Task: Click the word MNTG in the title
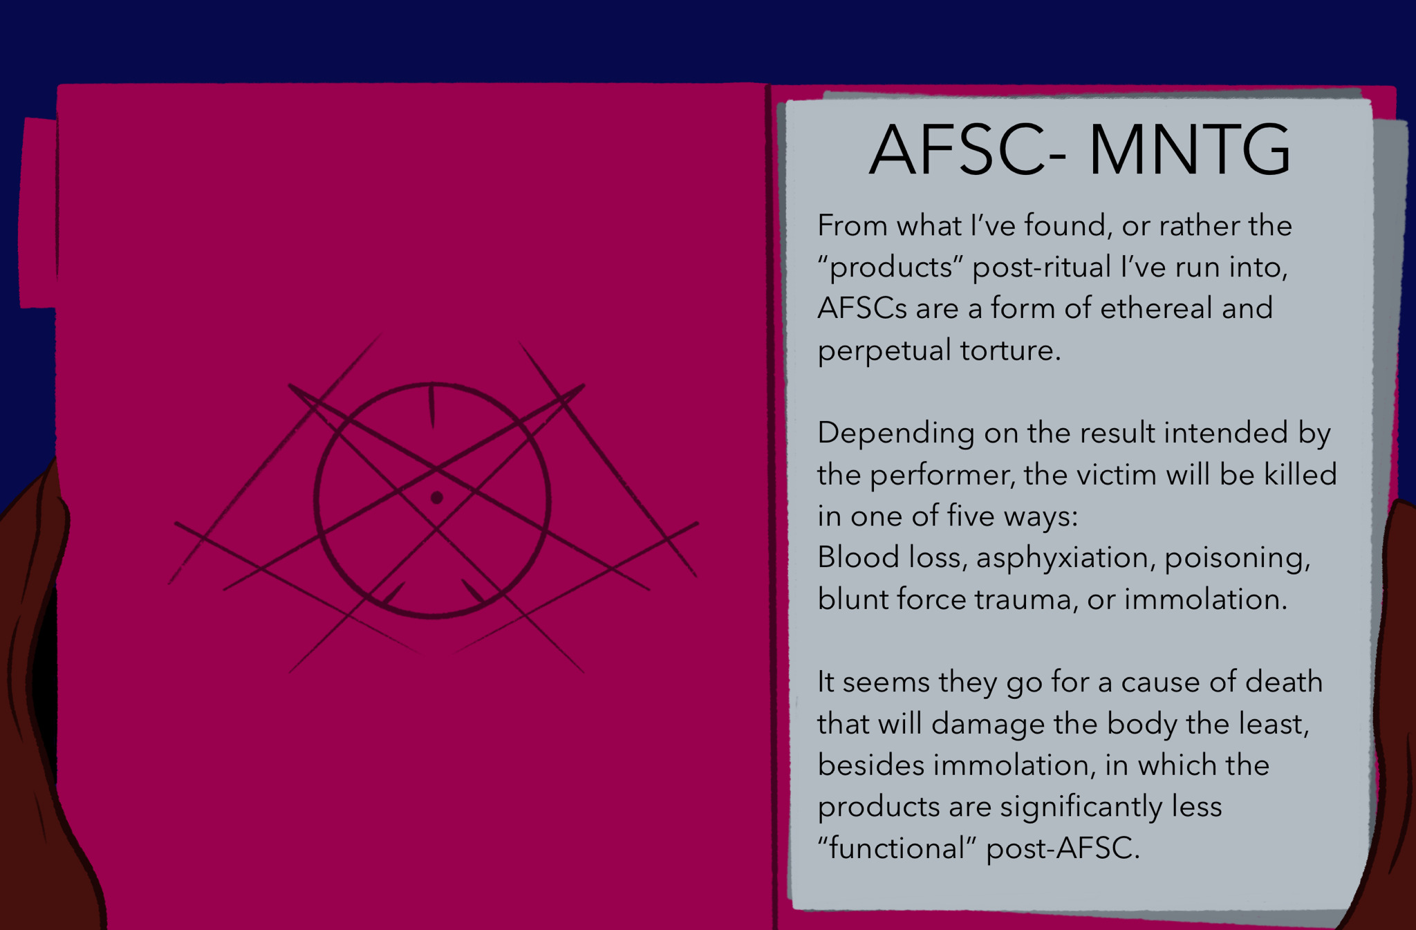tap(1189, 150)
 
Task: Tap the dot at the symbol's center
tap(436, 497)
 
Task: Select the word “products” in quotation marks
tap(891, 267)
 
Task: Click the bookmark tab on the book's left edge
tap(39, 213)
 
